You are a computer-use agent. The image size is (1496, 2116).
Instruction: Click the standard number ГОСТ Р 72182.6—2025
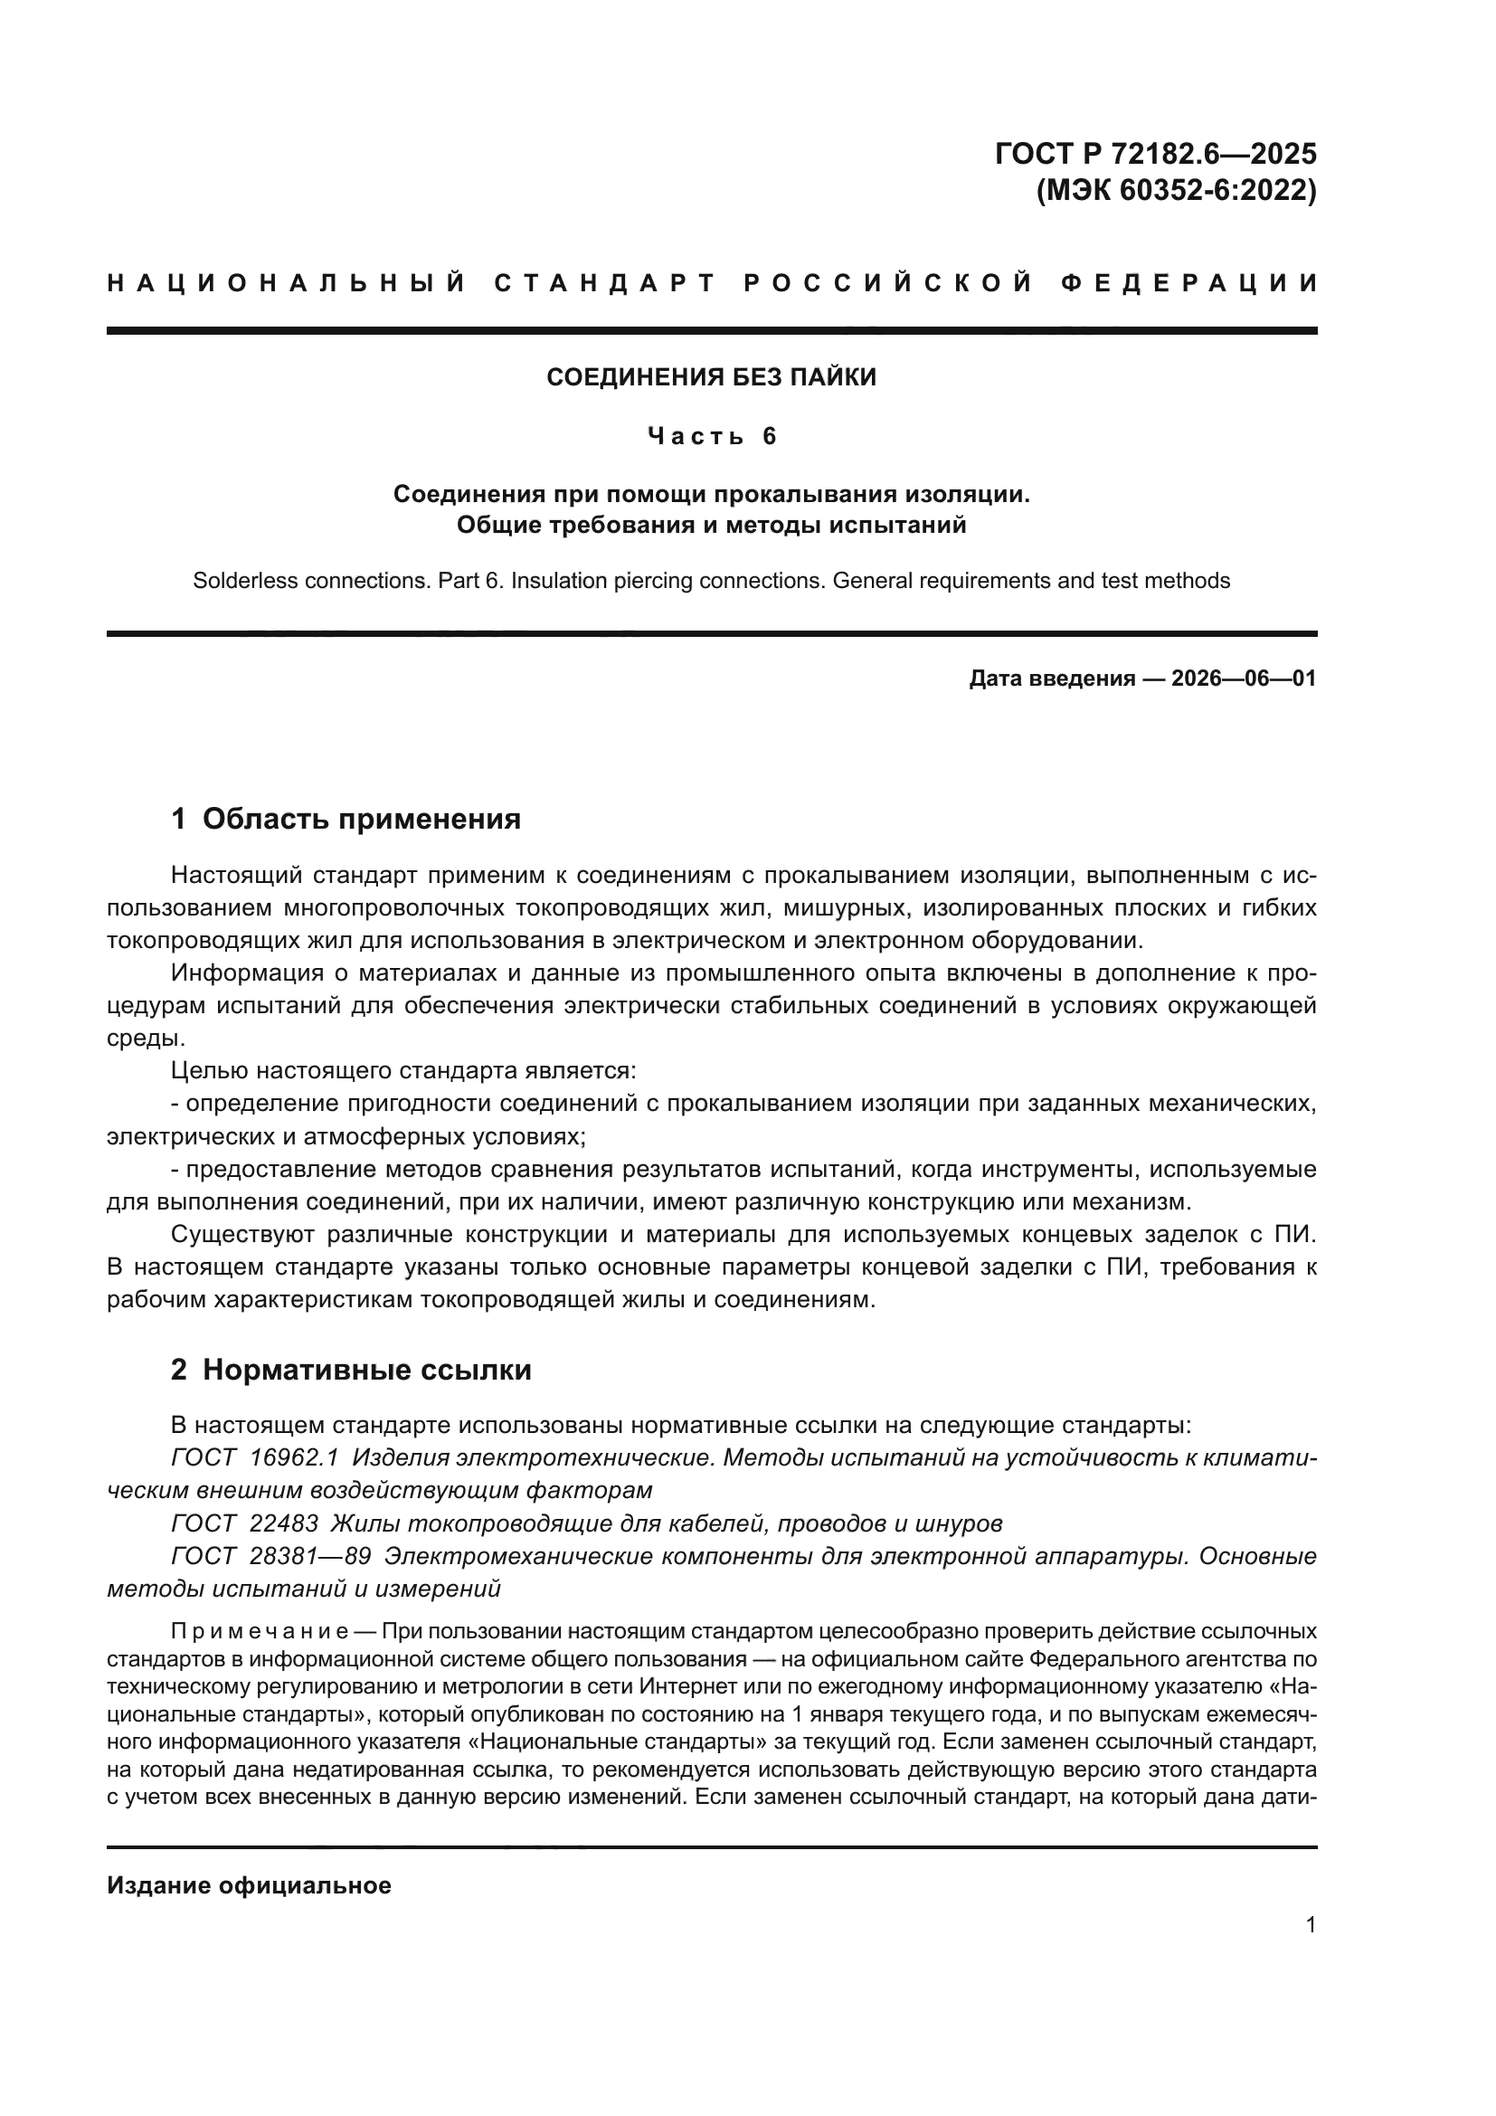[x=1155, y=153]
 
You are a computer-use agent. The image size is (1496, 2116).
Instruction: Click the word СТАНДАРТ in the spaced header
[x=605, y=283]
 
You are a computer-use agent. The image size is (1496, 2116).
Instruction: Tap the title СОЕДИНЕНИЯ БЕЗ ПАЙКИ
[x=711, y=377]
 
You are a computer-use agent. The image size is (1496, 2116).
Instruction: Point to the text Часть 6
[x=711, y=436]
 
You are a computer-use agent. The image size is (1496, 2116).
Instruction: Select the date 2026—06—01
[x=1243, y=679]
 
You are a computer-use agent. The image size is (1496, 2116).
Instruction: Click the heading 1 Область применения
[x=346, y=819]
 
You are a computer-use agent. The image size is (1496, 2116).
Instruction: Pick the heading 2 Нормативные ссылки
[x=351, y=1370]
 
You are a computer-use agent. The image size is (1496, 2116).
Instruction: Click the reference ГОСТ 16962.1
[x=255, y=1458]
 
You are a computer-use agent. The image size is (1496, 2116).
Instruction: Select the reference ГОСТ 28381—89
[x=270, y=1557]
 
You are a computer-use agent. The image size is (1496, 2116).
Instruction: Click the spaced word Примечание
[x=259, y=1632]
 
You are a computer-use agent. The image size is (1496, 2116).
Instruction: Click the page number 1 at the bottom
[x=1310, y=1925]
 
